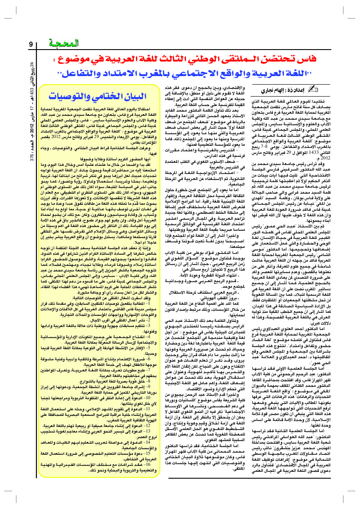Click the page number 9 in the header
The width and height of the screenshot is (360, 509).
31,44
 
